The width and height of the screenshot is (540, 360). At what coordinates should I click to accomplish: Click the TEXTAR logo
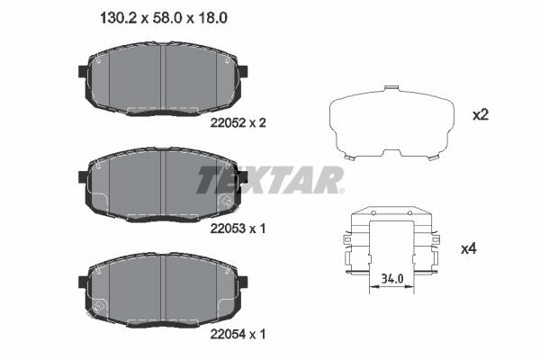point(269,179)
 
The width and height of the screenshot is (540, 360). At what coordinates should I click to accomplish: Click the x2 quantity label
point(481,115)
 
